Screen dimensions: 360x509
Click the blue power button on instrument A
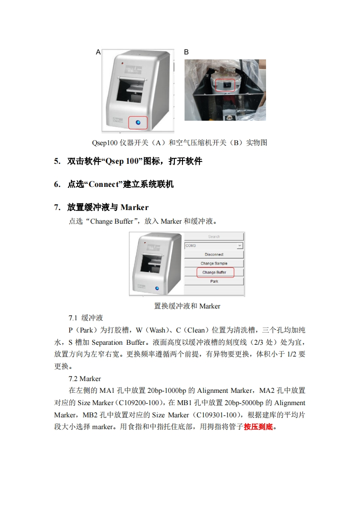[138, 122]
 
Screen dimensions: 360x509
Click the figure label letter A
[98, 52]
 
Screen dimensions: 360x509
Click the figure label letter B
[186, 52]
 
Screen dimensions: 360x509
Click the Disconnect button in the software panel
[214, 254]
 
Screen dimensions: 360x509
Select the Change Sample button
[214, 263]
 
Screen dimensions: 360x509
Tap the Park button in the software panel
[214, 281]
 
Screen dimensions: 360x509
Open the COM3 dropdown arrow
[240, 246]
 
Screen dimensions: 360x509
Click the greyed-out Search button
[214, 237]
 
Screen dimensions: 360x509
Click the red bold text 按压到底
[258, 427]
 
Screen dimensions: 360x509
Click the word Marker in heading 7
[134, 207]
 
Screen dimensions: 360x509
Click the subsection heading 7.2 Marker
[85, 379]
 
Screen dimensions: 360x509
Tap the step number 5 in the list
[57, 162]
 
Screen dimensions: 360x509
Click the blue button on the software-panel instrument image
[157, 288]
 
